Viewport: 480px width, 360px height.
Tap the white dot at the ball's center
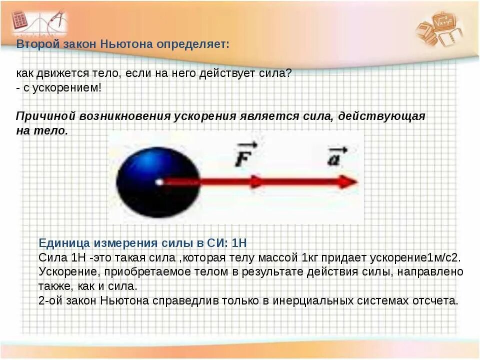[x=159, y=182]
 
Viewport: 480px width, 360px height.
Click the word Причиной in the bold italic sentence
[x=45, y=116]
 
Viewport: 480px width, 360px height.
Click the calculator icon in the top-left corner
[x=21, y=21]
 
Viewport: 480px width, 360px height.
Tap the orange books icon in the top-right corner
[x=440, y=27]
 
